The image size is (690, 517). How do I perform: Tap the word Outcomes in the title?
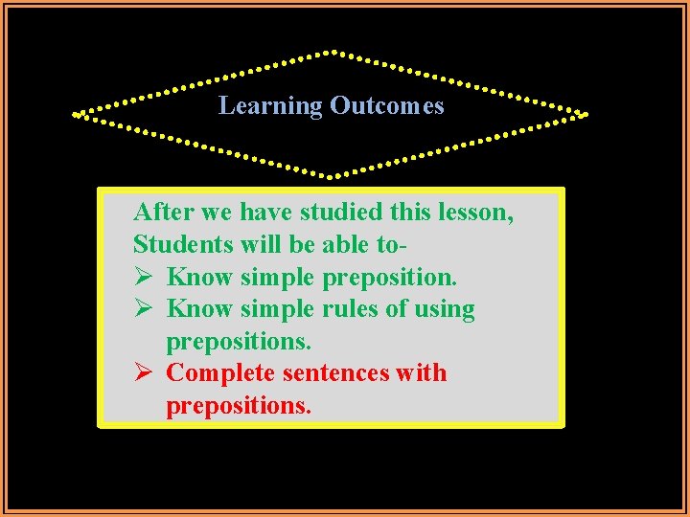(x=386, y=105)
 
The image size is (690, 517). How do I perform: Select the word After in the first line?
(x=164, y=212)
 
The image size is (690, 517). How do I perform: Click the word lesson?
(x=476, y=212)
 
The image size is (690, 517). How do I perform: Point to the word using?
(x=441, y=310)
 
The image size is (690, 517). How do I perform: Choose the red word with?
(x=422, y=372)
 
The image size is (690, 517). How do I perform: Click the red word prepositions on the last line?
(x=239, y=406)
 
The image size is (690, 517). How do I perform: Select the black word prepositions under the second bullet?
(x=239, y=342)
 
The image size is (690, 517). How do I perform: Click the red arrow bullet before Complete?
(x=143, y=372)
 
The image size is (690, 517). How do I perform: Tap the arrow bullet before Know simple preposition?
(x=143, y=277)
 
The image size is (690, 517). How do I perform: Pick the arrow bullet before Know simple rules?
(x=143, y=308)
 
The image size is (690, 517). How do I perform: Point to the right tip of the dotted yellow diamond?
(x=584, y=115)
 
